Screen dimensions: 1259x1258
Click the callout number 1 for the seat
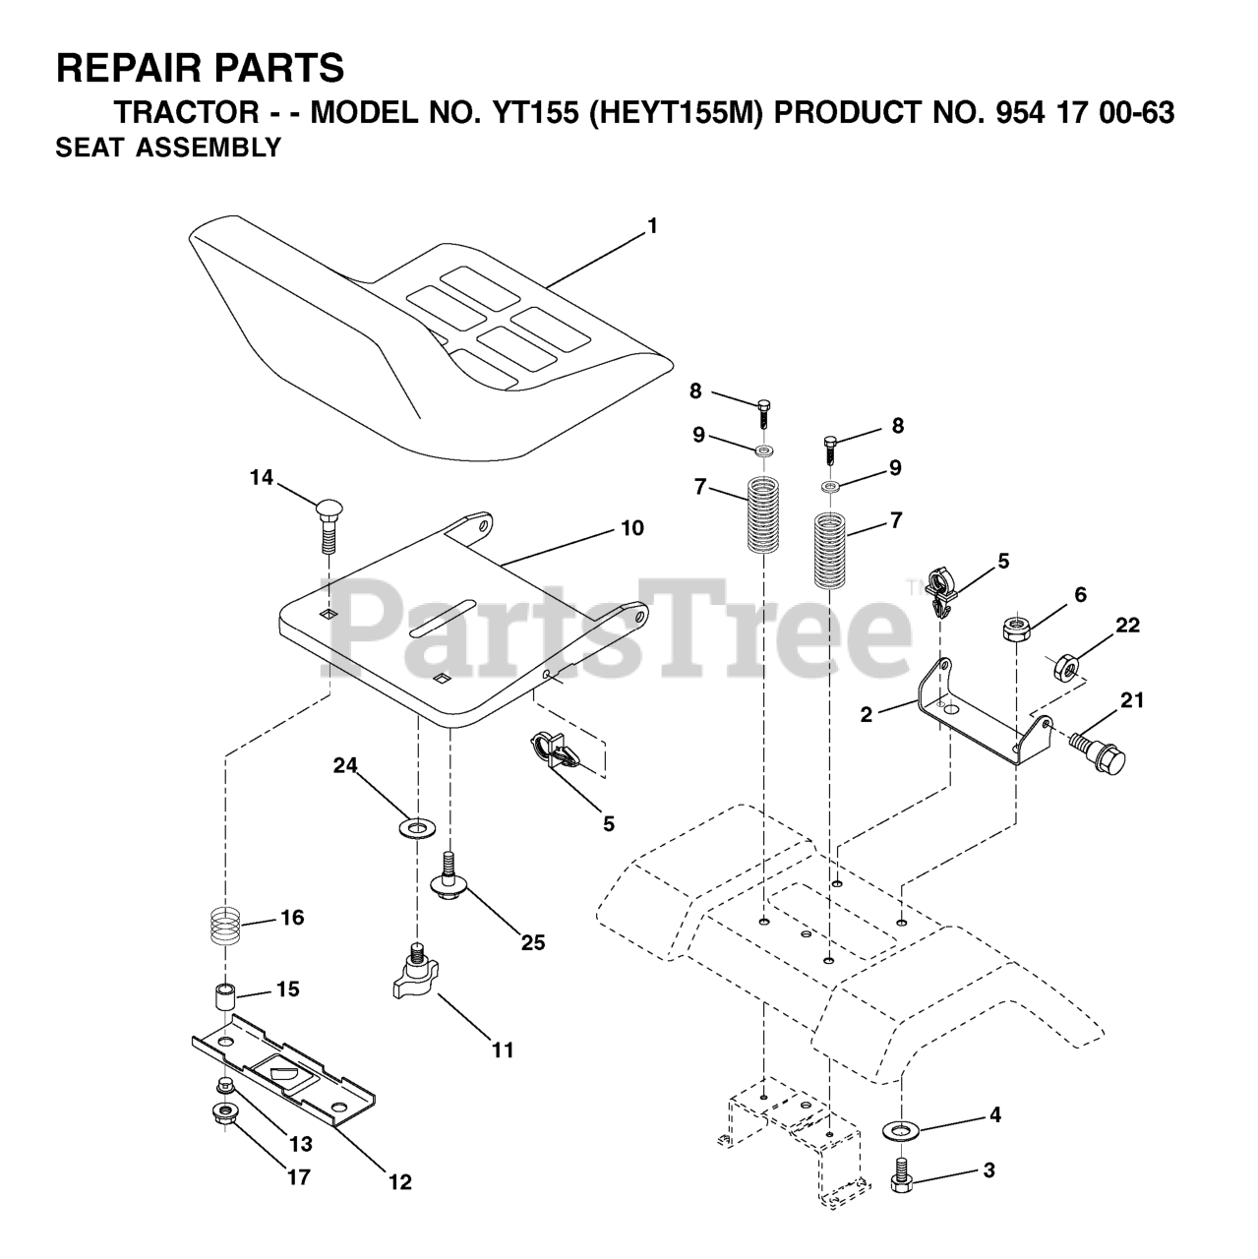pos(651,226)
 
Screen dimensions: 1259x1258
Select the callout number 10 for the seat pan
pos(631,528)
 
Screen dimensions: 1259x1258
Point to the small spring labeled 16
pos(228,927)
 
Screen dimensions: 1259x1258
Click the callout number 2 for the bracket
pos(866,715)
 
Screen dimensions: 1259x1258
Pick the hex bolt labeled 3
pos(903,1179)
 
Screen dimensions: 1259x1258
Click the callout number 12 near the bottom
pos(399,1181)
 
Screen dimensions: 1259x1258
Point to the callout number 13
pos(300,1144)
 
